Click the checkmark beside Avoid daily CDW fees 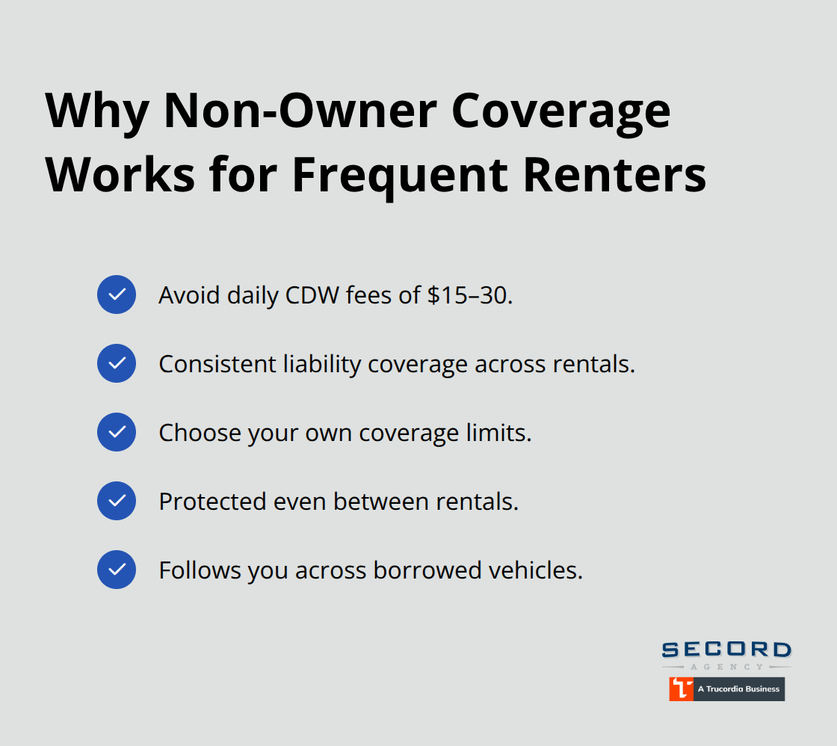[x=117, y=295]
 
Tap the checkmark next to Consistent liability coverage [x=117, y=363]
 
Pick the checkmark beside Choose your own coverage [x=117, y=432]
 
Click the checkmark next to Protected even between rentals [x=117, y=501]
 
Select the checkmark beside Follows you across [x=117, y=570]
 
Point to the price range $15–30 [x=470, y=295]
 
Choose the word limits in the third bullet [x=500, y=433]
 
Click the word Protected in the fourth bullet [x=203, y=502]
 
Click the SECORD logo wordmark [x=726, y=650]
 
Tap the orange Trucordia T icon [x=681, y=688]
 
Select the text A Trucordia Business [x=738, y=688]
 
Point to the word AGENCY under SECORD [x=726, y=666]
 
